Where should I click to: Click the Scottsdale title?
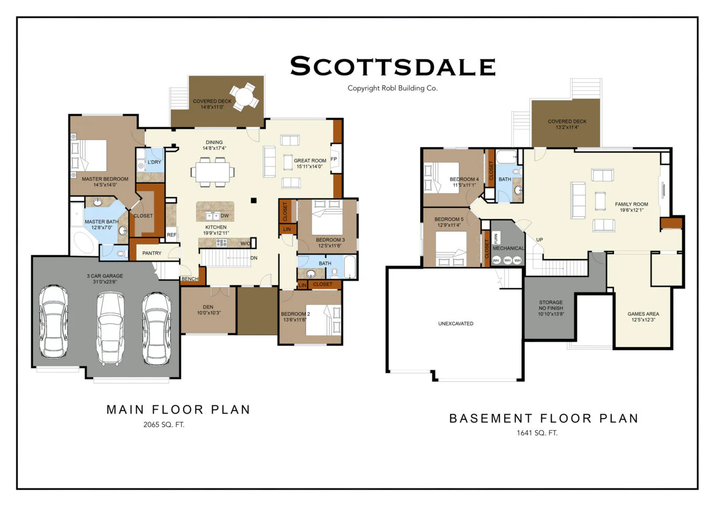(393, 66)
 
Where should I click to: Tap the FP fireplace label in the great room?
(333, 159)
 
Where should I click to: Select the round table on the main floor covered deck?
(244, 96)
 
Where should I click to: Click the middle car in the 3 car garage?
(110, 328)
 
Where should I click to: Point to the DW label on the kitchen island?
(225, 216)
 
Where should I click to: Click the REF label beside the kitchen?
(171, 235)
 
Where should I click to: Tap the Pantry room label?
(152, 253)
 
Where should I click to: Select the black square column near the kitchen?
(254, 200)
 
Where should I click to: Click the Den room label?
(208, 307)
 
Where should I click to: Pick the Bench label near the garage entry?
(190, 279)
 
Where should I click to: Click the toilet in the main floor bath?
(334, 272)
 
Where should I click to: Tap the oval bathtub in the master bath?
(84, 242)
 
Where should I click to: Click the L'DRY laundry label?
(154, 162)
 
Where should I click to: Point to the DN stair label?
(254, 258)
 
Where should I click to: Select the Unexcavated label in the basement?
(455, 324)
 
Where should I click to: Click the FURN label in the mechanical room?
(496, 238)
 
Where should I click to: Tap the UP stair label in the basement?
(540, 239)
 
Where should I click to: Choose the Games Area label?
(643, 314)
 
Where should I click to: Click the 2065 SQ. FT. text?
(164, 424)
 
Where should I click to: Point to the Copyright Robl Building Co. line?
(393, 88)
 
